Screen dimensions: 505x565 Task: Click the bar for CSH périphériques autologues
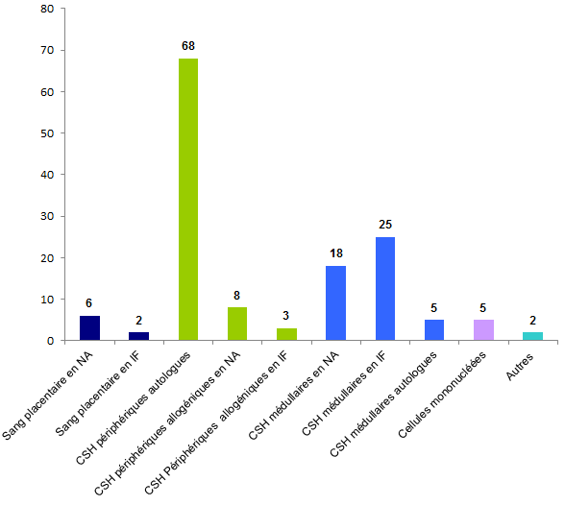[188, 200]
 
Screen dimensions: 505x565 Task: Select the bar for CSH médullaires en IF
[385, 288]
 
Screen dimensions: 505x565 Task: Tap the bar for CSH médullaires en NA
[335, 302]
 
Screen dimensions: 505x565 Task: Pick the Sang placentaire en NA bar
[89, 327]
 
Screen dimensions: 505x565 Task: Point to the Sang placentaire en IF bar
[138, 336]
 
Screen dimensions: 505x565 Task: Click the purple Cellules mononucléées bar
[483, 329]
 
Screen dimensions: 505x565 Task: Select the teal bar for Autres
[532, 336]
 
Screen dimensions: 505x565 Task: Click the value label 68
[188, 45]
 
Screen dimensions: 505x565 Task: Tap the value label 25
[385, 224]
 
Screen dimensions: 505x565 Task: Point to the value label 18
[335, 252]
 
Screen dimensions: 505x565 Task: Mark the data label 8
[237, 295]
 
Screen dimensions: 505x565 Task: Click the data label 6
[89, 302]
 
